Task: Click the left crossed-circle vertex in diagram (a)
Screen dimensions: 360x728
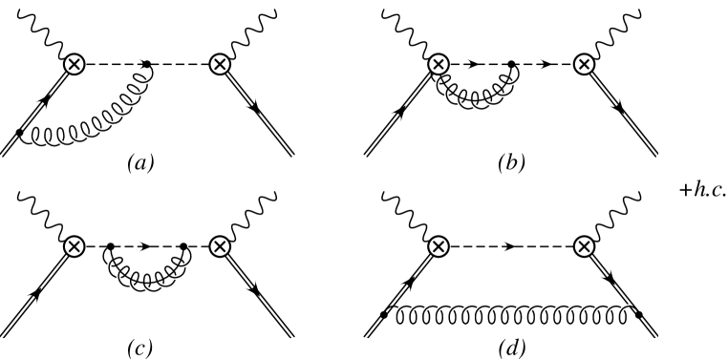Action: [74, 64]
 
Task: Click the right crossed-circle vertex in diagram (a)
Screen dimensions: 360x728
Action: [220, 64]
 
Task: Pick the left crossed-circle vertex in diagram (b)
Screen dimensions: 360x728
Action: [439, 64]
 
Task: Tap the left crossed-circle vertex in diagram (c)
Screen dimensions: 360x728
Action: [74, 245]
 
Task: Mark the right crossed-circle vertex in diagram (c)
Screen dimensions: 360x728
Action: [220, 245]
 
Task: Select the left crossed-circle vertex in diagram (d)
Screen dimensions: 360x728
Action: [439, 245]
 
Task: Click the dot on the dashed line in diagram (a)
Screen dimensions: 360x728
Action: [147, 64]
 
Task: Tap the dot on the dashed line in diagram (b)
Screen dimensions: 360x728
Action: [512, 64]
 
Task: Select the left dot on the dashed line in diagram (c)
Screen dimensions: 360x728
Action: [110, 245]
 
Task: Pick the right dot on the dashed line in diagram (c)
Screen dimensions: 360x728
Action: [183, 245]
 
